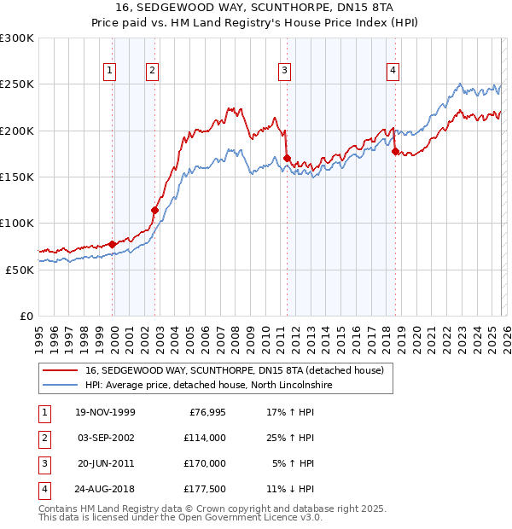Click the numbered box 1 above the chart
pyautogui.click(x=110, y=71)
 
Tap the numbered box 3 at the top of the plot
pyautogui.click(x=284, y=71)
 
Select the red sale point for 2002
pyautogui.click(x=154, y=210)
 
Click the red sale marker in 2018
pyautogui.click(x=395, y=151)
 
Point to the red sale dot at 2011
pyautogui.click(x=287, y=158)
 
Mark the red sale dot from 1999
pyautogui.click(x=113, y=244)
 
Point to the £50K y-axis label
pyautogui.click(x=20, y=269)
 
